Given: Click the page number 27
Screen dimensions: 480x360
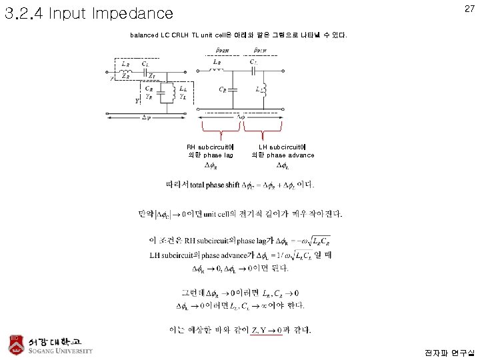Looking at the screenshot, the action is click(469, 9).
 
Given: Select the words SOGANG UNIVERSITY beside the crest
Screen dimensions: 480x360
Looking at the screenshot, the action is click(60, 351).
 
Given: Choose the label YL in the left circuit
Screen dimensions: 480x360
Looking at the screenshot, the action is click(183, 97).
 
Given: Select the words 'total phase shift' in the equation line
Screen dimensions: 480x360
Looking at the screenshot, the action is click(213, 184).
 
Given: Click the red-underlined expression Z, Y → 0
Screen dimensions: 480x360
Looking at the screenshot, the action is click(266, 330).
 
